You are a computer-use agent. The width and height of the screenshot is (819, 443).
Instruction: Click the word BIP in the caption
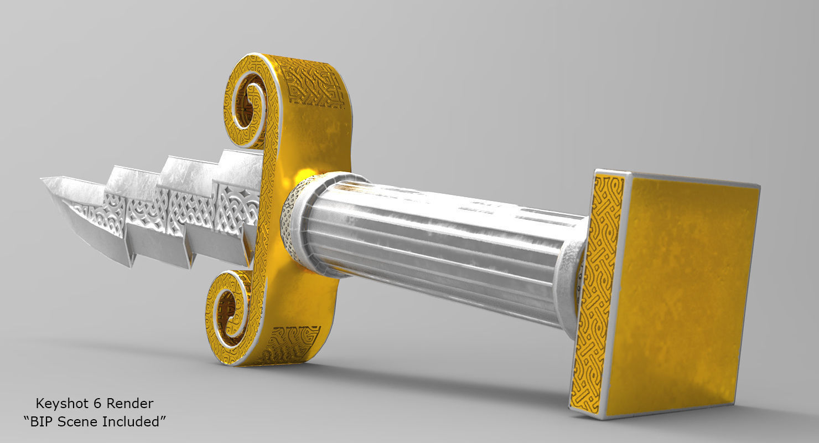[x=40, y=421]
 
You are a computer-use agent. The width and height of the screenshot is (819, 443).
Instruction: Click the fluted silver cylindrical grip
[x=432, y=244]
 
